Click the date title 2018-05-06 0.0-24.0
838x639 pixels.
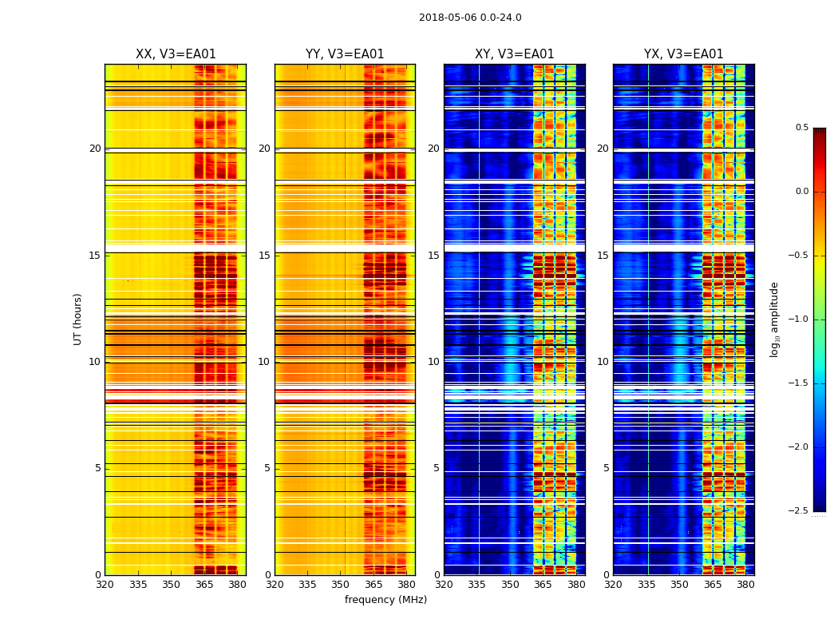[x=470, y=18]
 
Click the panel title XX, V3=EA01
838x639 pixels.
[x=176, y=54]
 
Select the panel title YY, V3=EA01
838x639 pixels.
[x=345, y=54]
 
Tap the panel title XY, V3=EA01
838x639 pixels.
[x=514, y=54]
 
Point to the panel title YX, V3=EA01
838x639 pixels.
[x=683, y=54]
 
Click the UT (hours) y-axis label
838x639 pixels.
[x=77, y=319]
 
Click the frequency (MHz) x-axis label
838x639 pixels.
[x=385, y=600]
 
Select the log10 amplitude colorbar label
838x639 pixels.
[x=774, y=319]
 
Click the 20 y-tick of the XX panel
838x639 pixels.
[x=95, y=149]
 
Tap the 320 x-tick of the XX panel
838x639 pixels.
[x=105, y=585]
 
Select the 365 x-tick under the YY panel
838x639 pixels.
[x=374, y=585]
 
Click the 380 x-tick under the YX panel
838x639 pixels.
[x=745, y=585]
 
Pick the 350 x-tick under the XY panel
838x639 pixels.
[x=510, y=585]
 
